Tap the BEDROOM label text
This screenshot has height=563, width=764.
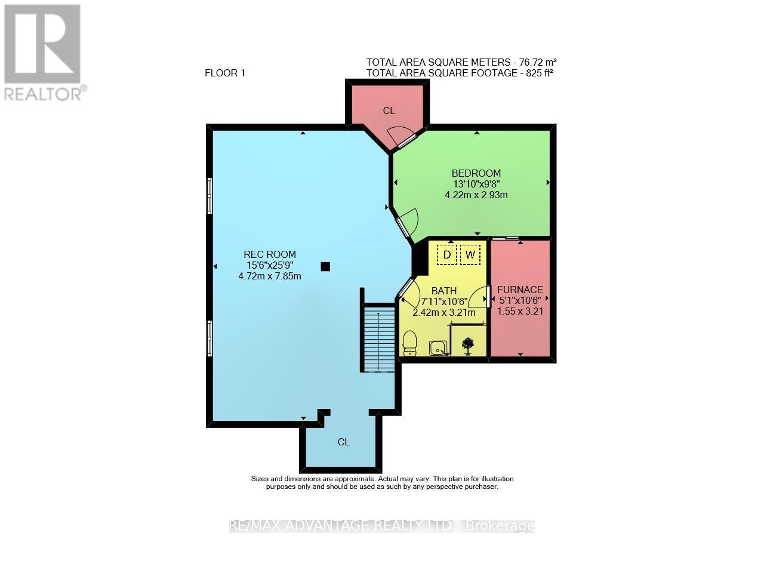tap(476, 173)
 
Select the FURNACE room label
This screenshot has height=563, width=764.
tap(520, 290)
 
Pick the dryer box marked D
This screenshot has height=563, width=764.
tap(446, 255)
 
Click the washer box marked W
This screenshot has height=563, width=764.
tap(470, 255)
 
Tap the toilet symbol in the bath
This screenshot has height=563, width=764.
tap(409, 343)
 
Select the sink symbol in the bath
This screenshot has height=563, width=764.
tap(438, 347)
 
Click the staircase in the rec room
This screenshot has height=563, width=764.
tap(379, 339)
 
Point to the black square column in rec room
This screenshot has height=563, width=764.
tap(325, 266)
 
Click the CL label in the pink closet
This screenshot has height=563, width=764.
tap(389, 110)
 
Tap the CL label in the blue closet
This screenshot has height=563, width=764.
tap(343, 442)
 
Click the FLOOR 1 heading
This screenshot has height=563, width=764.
tap(225, 73)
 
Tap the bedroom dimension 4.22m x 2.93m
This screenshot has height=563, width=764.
tap(476, 195)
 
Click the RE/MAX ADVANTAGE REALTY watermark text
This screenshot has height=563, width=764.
tap(382, 526)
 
